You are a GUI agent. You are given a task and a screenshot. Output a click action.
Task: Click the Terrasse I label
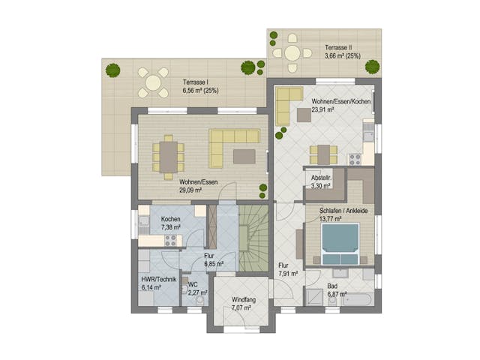(x=197, y=82)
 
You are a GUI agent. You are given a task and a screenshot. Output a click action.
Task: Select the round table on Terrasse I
(x=153, y=82)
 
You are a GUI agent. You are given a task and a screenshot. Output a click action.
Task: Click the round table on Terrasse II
(x=292, y=52)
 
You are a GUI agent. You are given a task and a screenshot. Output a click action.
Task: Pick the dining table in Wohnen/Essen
(x=169, y=157)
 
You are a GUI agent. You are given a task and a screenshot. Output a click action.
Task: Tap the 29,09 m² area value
(x=191, y=190)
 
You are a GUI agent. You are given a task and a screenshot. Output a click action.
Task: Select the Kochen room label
(x=170, y=219)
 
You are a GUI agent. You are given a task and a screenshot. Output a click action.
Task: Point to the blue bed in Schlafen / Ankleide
(x=339, y=240)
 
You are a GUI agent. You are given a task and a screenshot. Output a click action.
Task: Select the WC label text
(x=193, y=285)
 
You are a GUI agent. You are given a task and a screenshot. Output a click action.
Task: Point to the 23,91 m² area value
(x=324, y=109)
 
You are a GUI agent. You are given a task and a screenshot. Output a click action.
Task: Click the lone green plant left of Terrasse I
(x=112, y=70)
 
